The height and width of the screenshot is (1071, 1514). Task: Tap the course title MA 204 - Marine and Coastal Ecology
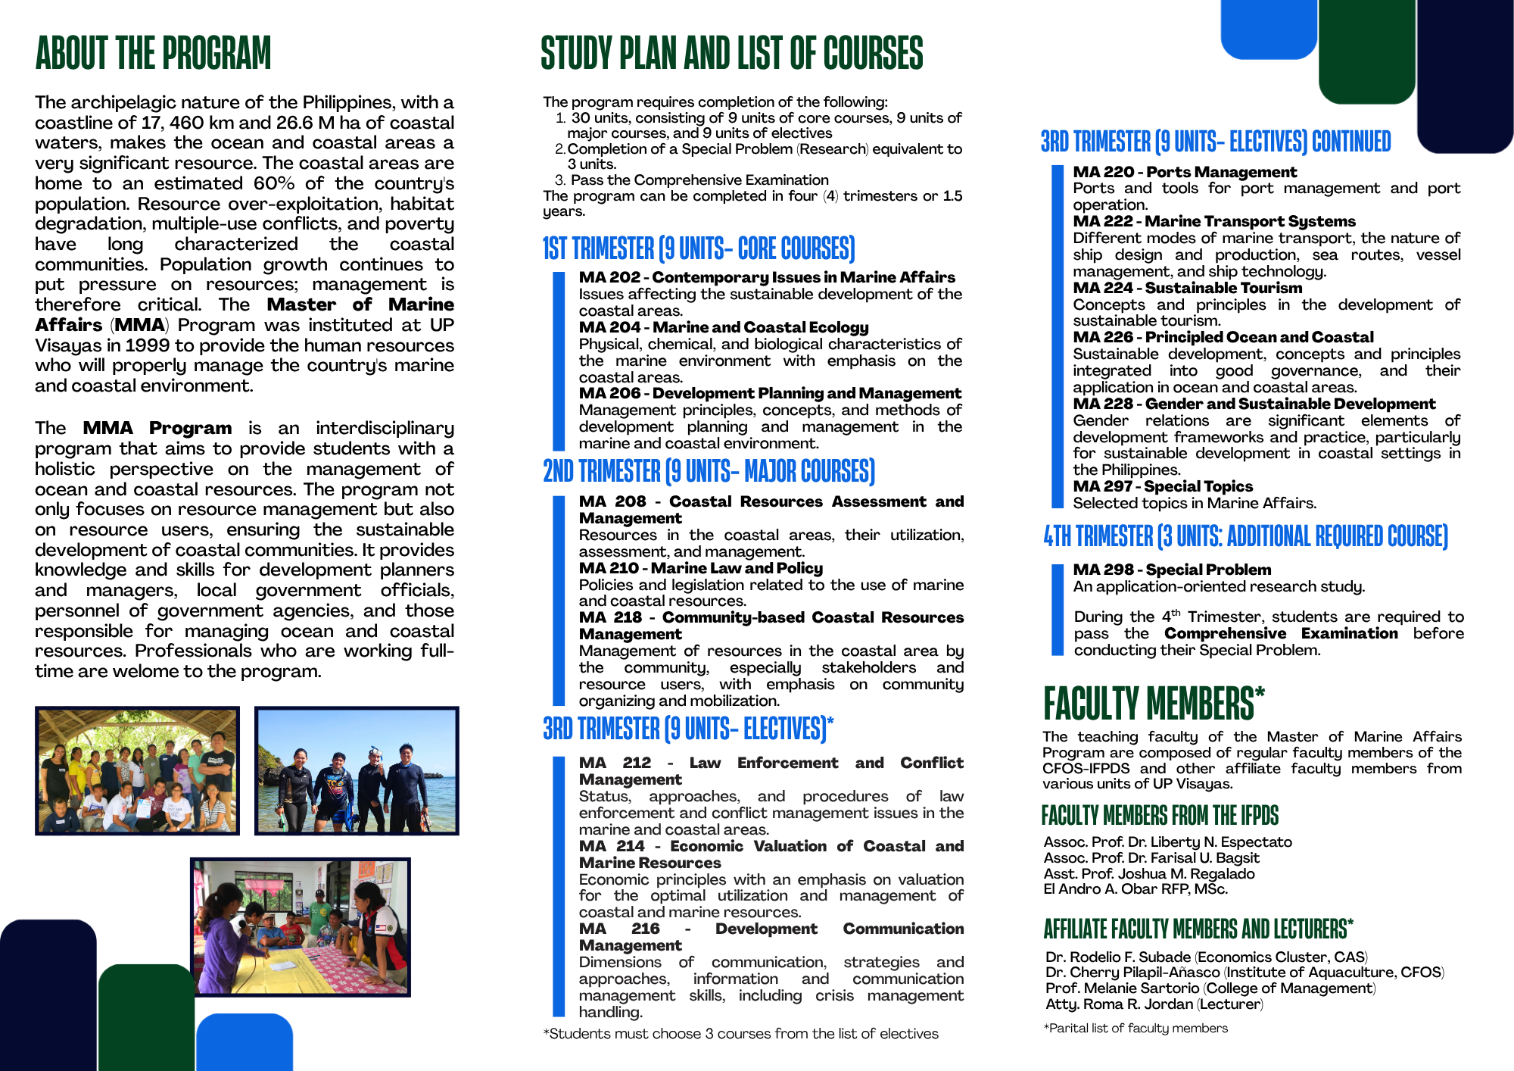tap(723, 327)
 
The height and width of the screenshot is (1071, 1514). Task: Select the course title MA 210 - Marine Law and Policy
tap(700, 568)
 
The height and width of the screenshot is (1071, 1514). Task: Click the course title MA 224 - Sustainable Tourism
tap(1187, 288)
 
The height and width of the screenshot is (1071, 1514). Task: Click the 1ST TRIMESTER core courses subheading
tap(698, 248)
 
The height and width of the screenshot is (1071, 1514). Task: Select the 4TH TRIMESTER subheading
tap(1245, 536)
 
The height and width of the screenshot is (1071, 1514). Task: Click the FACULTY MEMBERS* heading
tap(1153, 703)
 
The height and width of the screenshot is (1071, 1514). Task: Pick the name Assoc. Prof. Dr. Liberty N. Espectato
tap(1167, 841)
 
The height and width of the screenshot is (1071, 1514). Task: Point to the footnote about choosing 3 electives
tap(740, 1034)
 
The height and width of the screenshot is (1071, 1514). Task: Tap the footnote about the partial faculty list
tap(1135, 1028)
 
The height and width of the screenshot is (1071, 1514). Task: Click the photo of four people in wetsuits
tap(357, 770)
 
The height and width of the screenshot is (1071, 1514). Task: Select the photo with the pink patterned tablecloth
tap(300, 926)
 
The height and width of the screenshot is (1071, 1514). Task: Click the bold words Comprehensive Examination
tap(1280, 633)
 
